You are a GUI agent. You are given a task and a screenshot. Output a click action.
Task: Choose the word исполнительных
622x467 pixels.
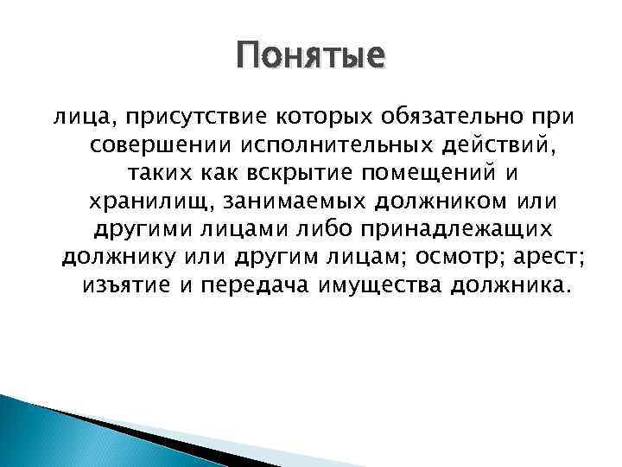pos(316,145)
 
